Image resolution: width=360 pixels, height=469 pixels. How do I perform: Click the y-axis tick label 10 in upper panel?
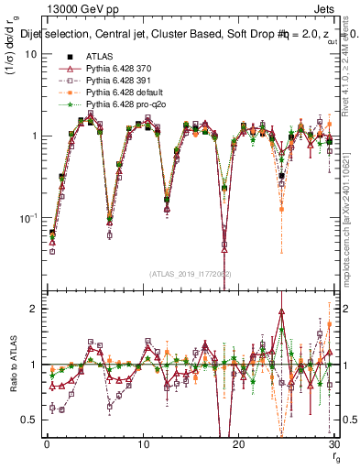click(x=30, y=54)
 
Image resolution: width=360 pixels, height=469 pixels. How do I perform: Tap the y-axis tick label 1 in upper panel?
click(x=33, y=136)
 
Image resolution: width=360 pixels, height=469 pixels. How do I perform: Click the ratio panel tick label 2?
click(x=33, y=309)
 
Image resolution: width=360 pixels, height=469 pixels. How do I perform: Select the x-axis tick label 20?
click(x=238, y=445)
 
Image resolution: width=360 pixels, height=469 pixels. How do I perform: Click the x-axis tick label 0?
click(x=46, y=445)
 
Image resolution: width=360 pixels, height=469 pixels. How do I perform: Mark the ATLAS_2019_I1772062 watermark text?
click(x=191, y=273)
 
